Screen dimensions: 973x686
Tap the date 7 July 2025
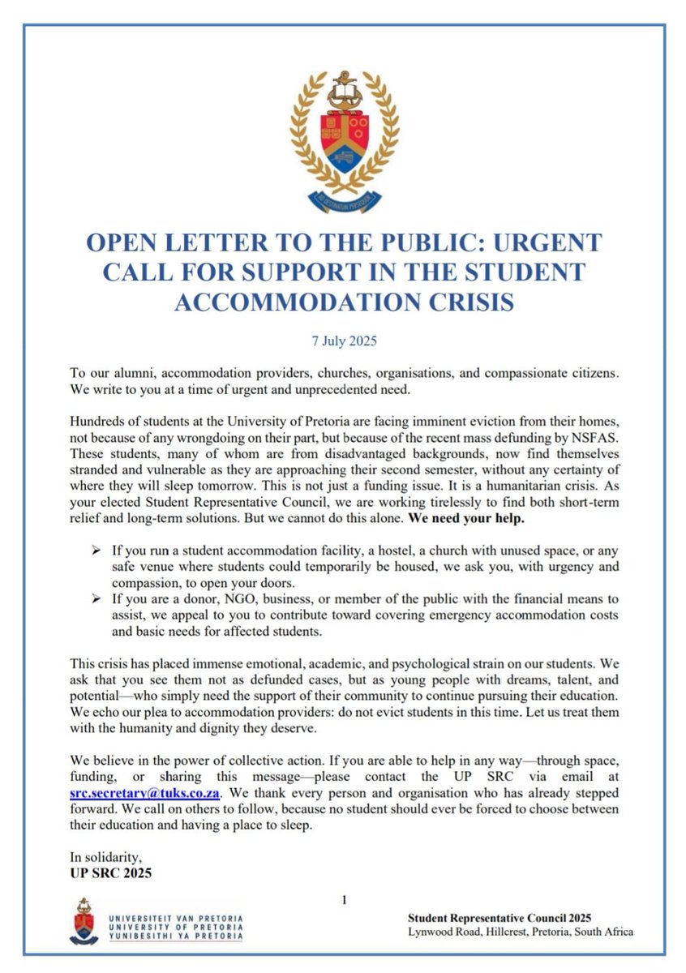[344, 341]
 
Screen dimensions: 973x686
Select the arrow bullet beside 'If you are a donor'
[96, 599]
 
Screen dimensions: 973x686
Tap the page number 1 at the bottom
[345, 899]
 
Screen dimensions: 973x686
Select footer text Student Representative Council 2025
[499, 917]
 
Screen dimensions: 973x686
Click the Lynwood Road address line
[520, 932]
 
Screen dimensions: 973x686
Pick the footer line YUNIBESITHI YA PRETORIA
[175, 937]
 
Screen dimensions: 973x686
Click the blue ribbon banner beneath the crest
[344, 197]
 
